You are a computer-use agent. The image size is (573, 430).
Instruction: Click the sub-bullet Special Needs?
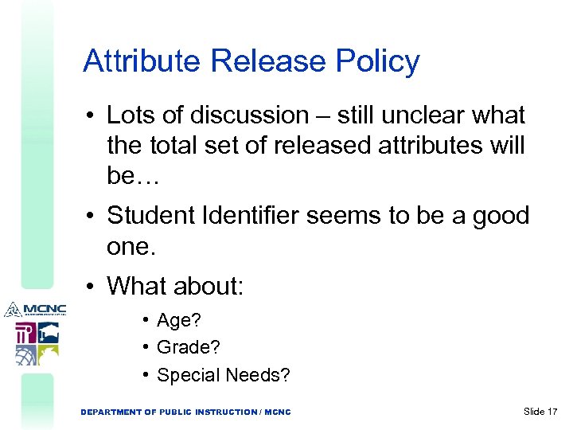click(224, 374)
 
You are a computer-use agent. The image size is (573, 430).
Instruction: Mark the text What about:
click(174, 285)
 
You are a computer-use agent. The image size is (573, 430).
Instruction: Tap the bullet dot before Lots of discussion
click(92, 116)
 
